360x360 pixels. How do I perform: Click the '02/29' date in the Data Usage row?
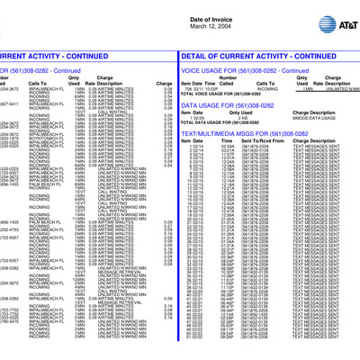[x=188, y=118]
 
